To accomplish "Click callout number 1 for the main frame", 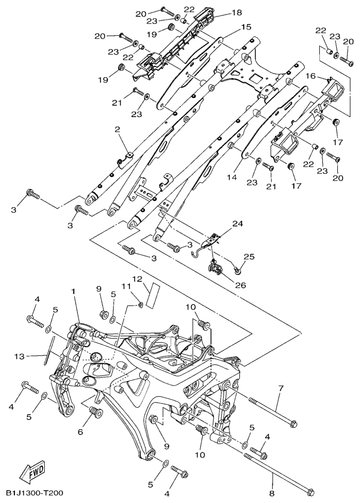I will [74, 292].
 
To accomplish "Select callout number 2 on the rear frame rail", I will [117, 128].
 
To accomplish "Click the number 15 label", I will [246, 26].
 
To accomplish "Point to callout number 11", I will [125, 286].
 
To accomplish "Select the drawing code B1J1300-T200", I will [35, 493].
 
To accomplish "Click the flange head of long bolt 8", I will [309, 489].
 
